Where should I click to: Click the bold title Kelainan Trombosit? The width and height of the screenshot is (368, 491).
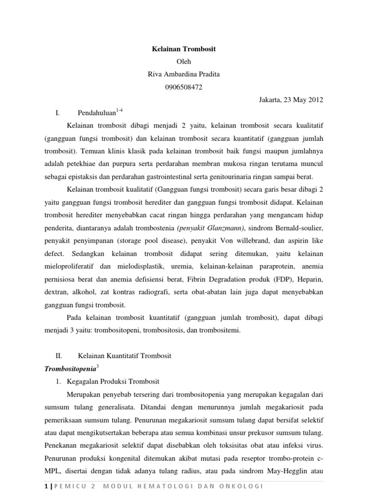coord(184,49)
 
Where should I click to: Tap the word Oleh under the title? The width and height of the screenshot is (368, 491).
coord(184,61)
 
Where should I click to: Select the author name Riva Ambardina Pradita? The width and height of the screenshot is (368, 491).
coord(184,74)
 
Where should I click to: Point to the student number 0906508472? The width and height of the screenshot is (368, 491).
coord(184,87)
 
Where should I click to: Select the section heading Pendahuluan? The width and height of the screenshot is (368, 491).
coord(97,113)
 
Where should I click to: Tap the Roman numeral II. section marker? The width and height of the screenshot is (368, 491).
coord(59,356)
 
